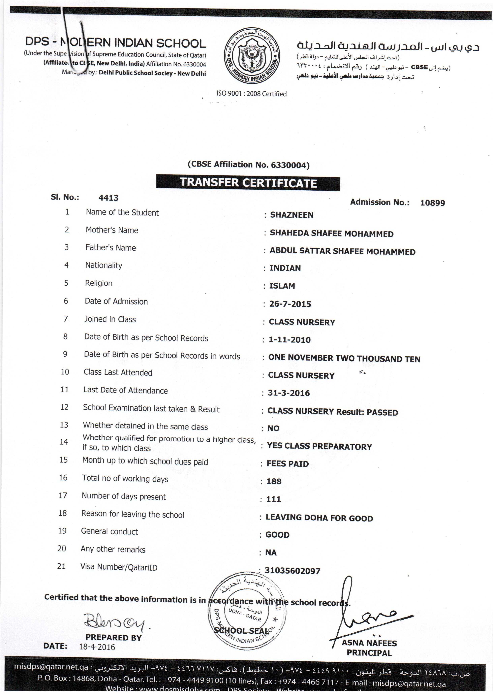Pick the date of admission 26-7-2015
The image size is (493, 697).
point(290,304)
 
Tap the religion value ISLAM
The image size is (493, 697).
point(282,286)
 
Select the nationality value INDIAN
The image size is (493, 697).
point(285,268)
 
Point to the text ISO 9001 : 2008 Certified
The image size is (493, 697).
point(251,93)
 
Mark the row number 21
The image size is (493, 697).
point(61,566)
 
